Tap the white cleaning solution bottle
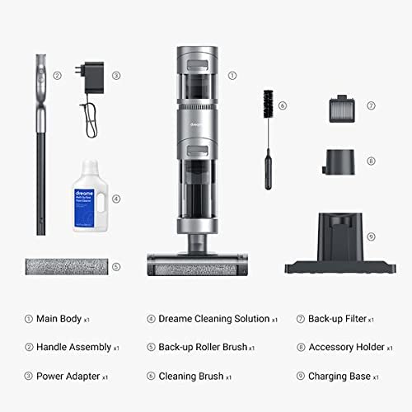click(x=91, y=203)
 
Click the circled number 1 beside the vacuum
click(x=232, y=74)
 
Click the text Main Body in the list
click(x=63, y=318)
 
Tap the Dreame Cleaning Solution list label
click(x=213, y=318)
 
